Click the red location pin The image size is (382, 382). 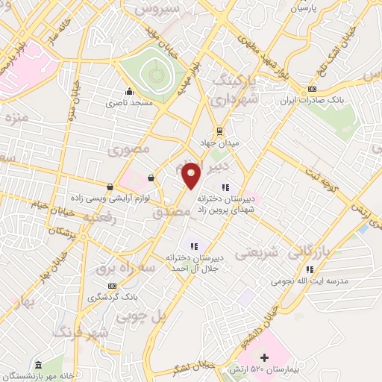(x=191, y=175)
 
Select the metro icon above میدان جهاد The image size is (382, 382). (x=219, y=130)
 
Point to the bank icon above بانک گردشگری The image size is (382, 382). (x=113, y=286)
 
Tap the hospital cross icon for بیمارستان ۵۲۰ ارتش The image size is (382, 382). (x=264, y=358)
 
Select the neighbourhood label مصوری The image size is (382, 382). (x=129, y=150)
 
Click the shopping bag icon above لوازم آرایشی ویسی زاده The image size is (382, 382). (x=110, y=187)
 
